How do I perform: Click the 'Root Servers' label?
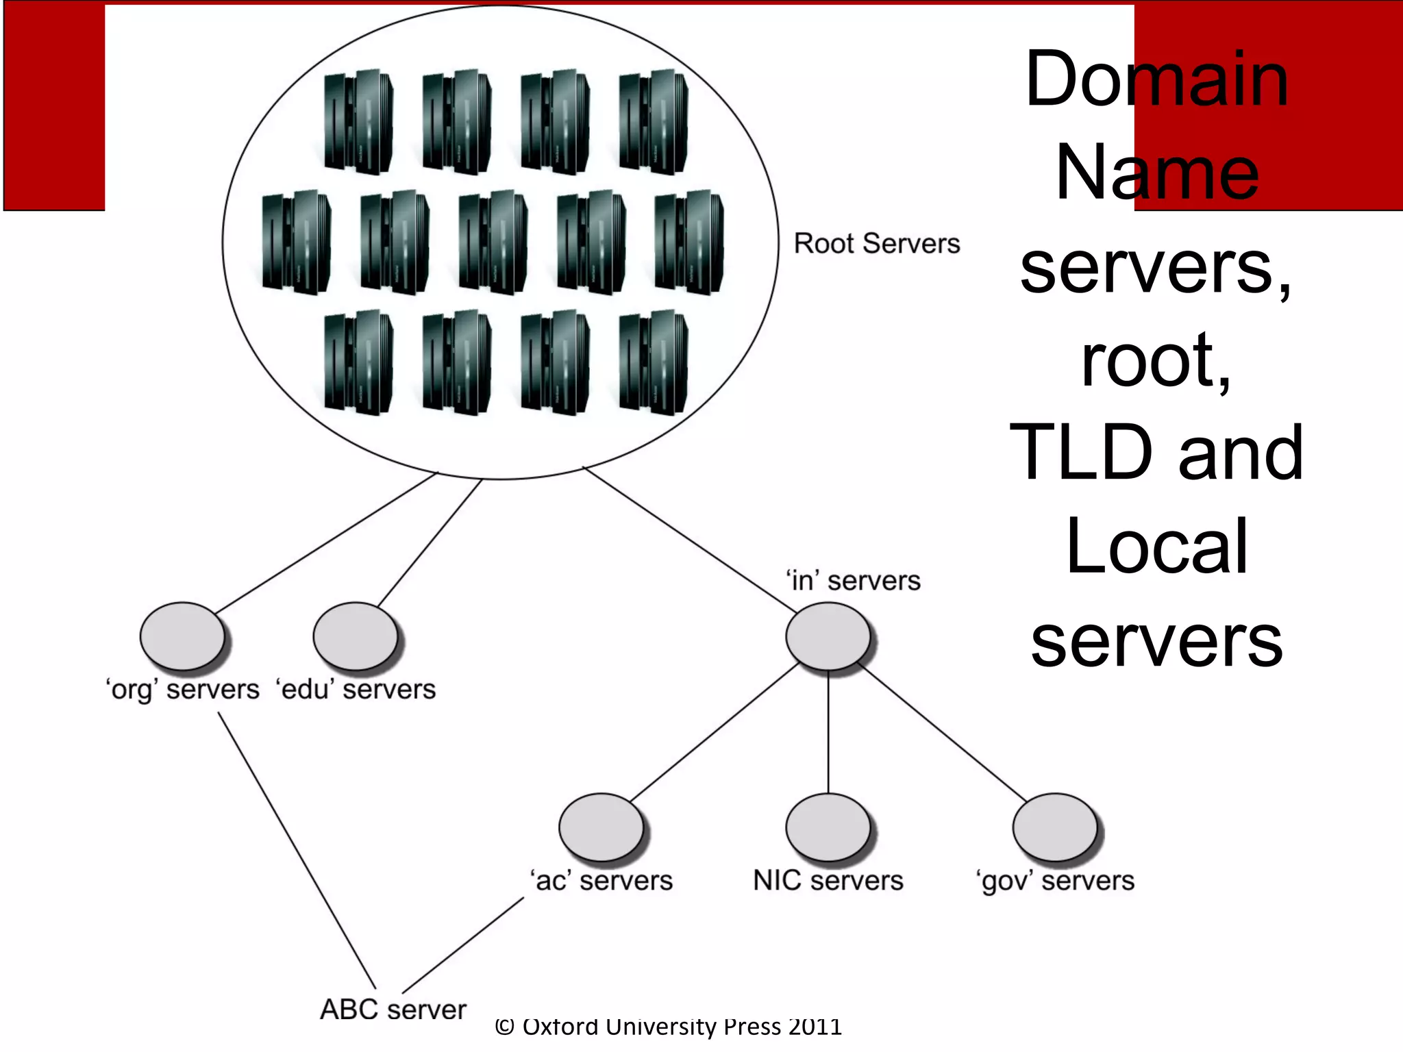pos(876,244)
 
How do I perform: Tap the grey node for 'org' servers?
pos(182,636)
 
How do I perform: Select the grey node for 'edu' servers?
pos(356,636)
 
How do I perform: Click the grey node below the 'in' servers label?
pos(828,636)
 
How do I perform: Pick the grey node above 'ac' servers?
pos(601,827)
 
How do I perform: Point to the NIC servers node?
pos(828,827)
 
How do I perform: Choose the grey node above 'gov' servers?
pos(1055,827)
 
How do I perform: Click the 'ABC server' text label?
pos(393,1009)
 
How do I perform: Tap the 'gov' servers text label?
pos(1055,881)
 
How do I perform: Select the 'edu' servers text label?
pos(356,690)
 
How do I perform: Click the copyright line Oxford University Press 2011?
pos(668,1027)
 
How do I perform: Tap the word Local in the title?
pos(1156,547)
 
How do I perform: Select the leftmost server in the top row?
pos(358,121)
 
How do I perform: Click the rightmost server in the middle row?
pos(689,242)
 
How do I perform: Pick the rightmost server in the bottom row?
pos(654,362)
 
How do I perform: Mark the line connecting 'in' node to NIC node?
pos(828,731)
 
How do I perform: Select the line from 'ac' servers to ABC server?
pos(463,946)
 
